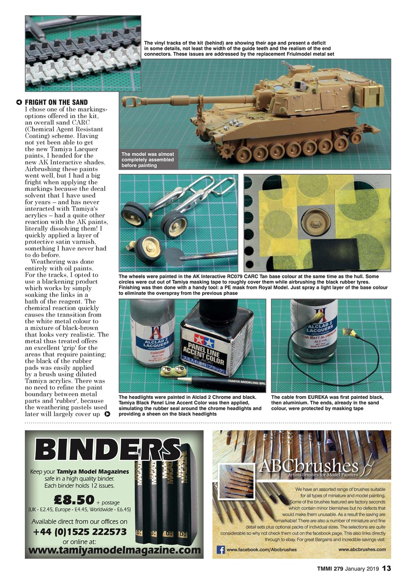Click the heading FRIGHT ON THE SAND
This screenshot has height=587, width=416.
tap(56, 102)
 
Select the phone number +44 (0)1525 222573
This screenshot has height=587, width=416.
tap(79, 532)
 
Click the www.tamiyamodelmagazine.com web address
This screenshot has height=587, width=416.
tap(115, 550)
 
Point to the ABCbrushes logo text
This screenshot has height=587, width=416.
tap(308, 466)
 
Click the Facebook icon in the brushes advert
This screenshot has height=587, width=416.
tap(220, 549)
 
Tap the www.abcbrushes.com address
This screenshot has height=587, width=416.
tap(362, 549)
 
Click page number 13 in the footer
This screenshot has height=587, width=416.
tap(387, 569)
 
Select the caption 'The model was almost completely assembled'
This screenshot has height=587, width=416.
tap(148, 160)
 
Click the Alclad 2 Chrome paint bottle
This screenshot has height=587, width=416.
tap(149, 339)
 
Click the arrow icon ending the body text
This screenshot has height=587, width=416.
tap(107, 414)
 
